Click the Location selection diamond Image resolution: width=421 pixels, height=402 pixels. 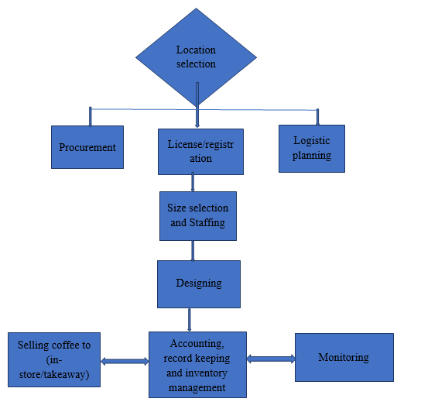196,57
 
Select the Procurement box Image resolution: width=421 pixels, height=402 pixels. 87,147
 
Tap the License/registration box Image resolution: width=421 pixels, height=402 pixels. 200,152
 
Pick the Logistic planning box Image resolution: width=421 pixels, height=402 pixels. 312,149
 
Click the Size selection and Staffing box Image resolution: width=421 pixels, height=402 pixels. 198,216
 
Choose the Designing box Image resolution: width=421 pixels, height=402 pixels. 199,284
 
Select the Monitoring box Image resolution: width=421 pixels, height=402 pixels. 344,357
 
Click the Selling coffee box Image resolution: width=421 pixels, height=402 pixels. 54,359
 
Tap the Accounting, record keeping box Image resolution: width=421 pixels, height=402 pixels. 197,365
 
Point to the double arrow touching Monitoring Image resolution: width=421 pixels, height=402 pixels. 271,359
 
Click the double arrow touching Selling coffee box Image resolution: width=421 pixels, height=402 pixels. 125,362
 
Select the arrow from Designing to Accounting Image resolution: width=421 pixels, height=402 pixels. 190,320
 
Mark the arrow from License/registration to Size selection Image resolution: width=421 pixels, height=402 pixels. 193,182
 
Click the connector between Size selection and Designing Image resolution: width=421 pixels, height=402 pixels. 193,250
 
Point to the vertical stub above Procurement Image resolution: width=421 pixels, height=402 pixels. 91,117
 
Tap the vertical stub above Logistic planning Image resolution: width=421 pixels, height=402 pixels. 317,117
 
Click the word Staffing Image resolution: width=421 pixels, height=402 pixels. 207,223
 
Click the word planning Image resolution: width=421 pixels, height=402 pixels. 312,156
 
